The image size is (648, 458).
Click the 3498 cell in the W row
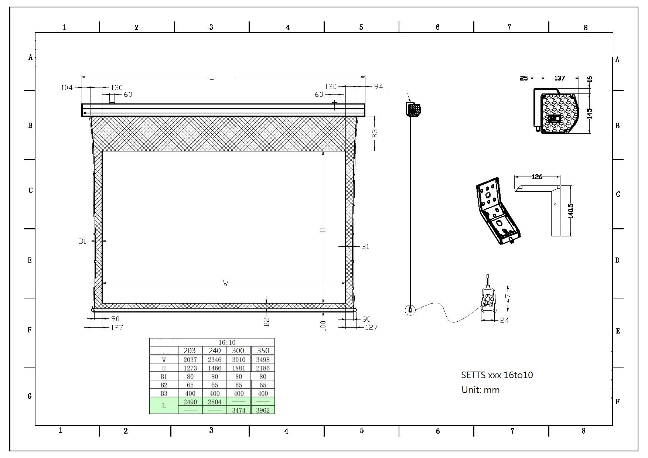pos(263,359)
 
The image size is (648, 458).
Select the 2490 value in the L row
pos(190,402)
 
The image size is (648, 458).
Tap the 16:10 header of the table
pos(227,342)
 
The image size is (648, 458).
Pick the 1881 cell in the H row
pos(239,368)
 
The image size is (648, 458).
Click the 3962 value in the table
pos(263,410)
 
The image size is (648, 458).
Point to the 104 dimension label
pos(66,88)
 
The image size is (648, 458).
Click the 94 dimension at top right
pos(378,86)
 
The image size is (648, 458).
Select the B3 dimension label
pos(375,133)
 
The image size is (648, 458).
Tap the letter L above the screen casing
pos(211,77)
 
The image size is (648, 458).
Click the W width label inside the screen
pos(226,283)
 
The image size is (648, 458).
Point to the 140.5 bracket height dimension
pos(571,211)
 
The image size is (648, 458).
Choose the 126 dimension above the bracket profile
pos(537,177)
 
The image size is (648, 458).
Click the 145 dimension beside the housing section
pos(589,113)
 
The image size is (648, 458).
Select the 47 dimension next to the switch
pos(508,298)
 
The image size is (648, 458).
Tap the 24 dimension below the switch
pos(504,320)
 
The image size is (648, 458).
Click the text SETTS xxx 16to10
pos(497,375)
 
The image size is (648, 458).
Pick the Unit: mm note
pos(480,390)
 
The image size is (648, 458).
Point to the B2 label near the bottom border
pos(267,322)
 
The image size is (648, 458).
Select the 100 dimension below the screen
pos(323,326)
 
